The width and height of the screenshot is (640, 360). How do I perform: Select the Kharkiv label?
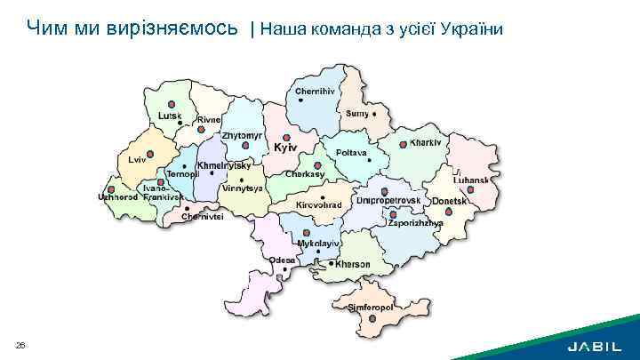point(426,143)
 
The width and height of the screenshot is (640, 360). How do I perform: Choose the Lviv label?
point(136,160)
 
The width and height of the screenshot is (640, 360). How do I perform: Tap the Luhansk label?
point(470,180)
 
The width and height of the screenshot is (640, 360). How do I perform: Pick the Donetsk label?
point(450,202)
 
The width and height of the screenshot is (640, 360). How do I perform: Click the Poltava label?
point(351,153)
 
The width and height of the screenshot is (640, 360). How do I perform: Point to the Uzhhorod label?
point(117,197)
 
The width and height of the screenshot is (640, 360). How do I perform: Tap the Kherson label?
point(353,264)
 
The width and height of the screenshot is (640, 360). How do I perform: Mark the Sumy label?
point(357,114)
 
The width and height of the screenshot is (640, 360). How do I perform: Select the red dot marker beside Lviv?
point(149,154)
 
